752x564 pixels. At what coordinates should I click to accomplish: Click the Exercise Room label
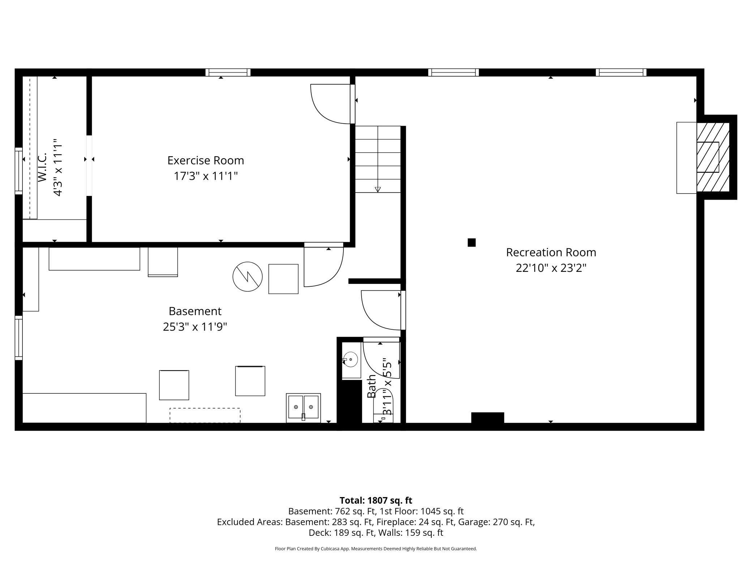click(x=205, y=160)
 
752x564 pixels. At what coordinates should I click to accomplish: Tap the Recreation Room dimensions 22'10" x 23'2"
click(x=551, y=268)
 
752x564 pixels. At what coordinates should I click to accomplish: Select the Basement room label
click(x=195, y=311)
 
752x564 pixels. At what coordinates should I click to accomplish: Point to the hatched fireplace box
click(x=713, y=157)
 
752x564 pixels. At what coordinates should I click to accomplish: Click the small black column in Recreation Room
click(x=471, y=243)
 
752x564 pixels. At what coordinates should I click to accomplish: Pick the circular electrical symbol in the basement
click(x=247, y=277)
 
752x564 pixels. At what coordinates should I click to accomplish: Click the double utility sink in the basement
click(x=303, y=407)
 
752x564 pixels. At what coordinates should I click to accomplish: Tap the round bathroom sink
click(x=350, y=360)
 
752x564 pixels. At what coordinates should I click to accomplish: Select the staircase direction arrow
click(x=377, y=189)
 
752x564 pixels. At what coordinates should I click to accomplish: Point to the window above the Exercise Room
click(x=228, y=72)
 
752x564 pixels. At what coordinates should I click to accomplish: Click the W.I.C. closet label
click(x=43, y=167)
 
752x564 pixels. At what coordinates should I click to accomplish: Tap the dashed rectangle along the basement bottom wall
click(x=205, y=415)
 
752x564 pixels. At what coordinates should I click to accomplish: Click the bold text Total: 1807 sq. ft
click(x=376, y=500)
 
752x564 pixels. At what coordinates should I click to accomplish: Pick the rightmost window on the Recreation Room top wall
click(x=621, y=72)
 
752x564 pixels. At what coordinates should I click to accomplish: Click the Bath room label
click(x=371, y=386)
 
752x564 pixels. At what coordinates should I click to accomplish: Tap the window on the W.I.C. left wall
click(x=18, y=171)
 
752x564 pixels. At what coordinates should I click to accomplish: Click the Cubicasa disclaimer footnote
click(x=376, y=548)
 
